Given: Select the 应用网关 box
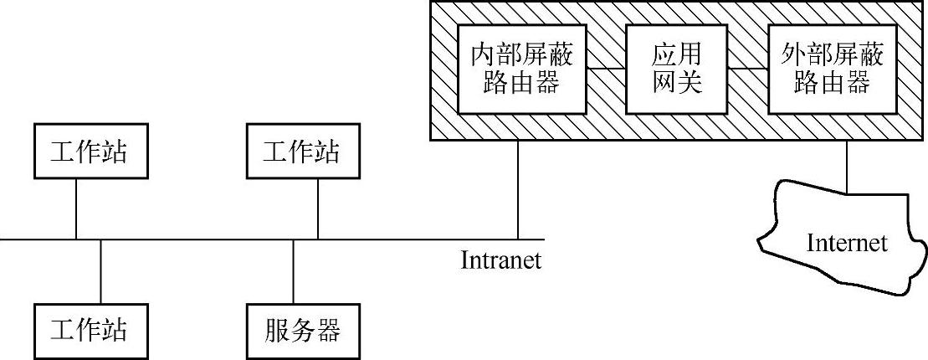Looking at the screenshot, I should click(x=676, y=69).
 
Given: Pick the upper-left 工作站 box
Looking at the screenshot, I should click(x=76, y=152).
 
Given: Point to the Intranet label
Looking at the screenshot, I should click(x=501, y=260).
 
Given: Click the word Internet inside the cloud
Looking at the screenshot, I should click(x=846, y=243).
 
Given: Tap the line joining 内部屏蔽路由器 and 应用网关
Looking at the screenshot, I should click(x=606, y=67).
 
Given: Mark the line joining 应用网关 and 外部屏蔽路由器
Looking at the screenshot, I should click(x=746, y=67).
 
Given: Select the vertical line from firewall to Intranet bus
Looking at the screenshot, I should click(x=518, y=189).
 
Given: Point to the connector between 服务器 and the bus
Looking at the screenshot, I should click(x=293, y=272).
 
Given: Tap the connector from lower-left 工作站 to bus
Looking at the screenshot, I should click(x=100, y=272).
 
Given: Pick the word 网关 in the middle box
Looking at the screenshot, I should click(x=676, y=83).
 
